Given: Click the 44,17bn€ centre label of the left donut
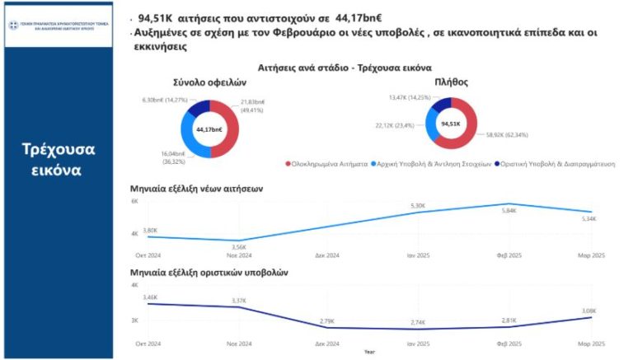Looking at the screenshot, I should click(x=210, y=129).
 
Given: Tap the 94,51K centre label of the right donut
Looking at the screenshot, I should click(x=450, y=124).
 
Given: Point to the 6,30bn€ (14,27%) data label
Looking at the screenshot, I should click(x=165, y=99).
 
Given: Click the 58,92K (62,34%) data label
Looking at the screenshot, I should click(x=507, y=133).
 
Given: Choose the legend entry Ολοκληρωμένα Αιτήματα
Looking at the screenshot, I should click(x=329, y=163).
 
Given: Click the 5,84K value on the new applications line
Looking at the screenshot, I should click(x=509, y=211).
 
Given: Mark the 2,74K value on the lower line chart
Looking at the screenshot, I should click(x=420, y=322).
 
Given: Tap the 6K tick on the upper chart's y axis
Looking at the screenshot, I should click(x=134, y=201).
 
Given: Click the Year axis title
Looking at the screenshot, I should click(x=369, y=351).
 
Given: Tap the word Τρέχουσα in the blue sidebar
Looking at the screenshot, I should click(x=58, y=149).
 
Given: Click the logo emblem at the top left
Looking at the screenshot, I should click(x=13, y=25).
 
